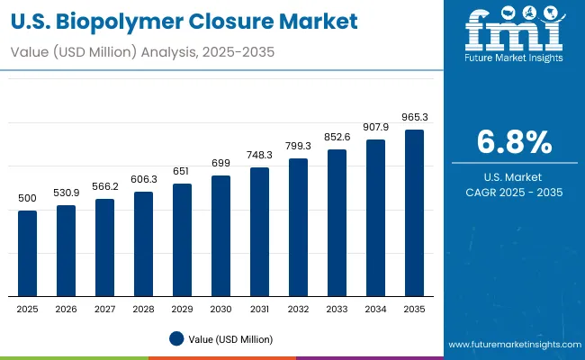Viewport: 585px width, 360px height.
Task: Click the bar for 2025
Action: [x=28, y=254]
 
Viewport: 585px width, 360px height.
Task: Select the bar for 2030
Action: [x=221, y=236]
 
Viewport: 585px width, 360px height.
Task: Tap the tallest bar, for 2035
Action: [x=415, y=212]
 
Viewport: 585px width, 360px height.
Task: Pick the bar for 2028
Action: [x=144, y=244]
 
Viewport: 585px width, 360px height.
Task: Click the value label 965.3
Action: [x=415, y=118]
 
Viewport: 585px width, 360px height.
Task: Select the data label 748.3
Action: [x=260, y=155]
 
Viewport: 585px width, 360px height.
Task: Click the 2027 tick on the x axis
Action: [x=105, y=309]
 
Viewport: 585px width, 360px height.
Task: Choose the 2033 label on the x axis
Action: [x=337, y=309]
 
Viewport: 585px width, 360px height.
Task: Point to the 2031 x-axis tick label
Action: [x=260, y=309]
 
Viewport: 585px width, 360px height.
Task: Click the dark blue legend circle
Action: [x=175, y=338]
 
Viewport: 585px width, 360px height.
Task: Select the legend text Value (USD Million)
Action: [x=230, y=338]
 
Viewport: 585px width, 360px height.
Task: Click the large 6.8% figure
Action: [x=513, y=142]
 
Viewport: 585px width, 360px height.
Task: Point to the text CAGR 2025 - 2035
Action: [x=513, y=193]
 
